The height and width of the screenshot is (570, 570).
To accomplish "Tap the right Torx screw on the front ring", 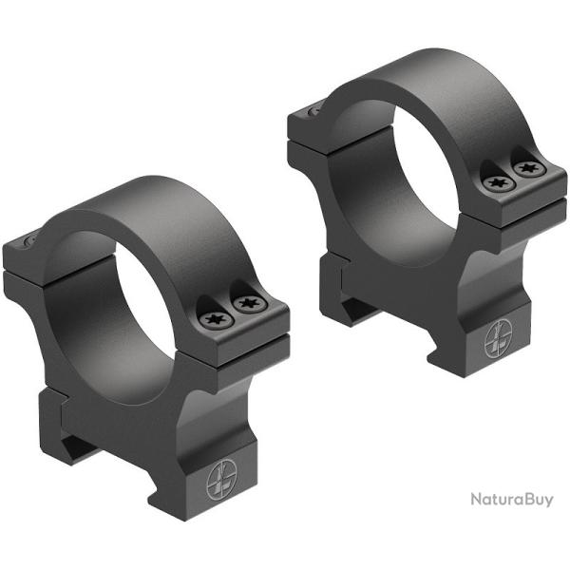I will pyautogui.click(x=249, y=304).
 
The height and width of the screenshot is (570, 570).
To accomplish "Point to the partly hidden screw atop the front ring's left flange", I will pyautogui.click(x=29, y=242).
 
